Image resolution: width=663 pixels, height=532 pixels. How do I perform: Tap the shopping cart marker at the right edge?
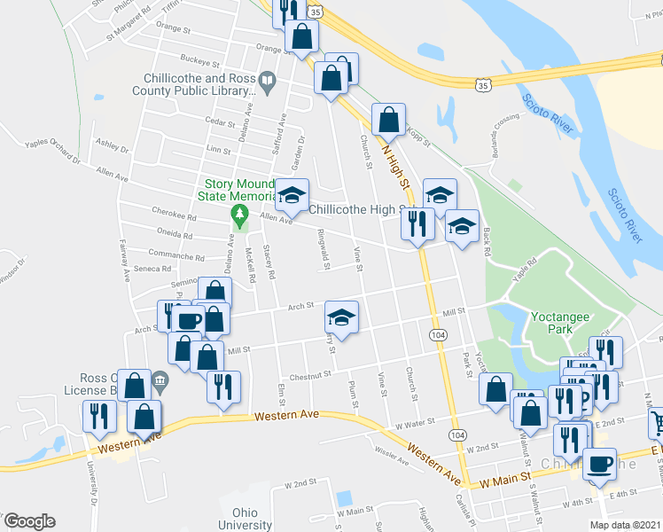pyautogui.click(x=658, y=422)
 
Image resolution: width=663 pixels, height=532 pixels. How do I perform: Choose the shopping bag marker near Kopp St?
pyautogui.click(x=388, y=120)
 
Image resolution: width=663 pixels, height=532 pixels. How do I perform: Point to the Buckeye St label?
pyautogui.click(x=199, y=63)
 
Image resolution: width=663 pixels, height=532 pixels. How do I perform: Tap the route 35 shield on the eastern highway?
pyautogui.click(x=482, y=86)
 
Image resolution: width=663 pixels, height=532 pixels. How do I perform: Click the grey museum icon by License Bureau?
pyautogui.click(x=160, y=384)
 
